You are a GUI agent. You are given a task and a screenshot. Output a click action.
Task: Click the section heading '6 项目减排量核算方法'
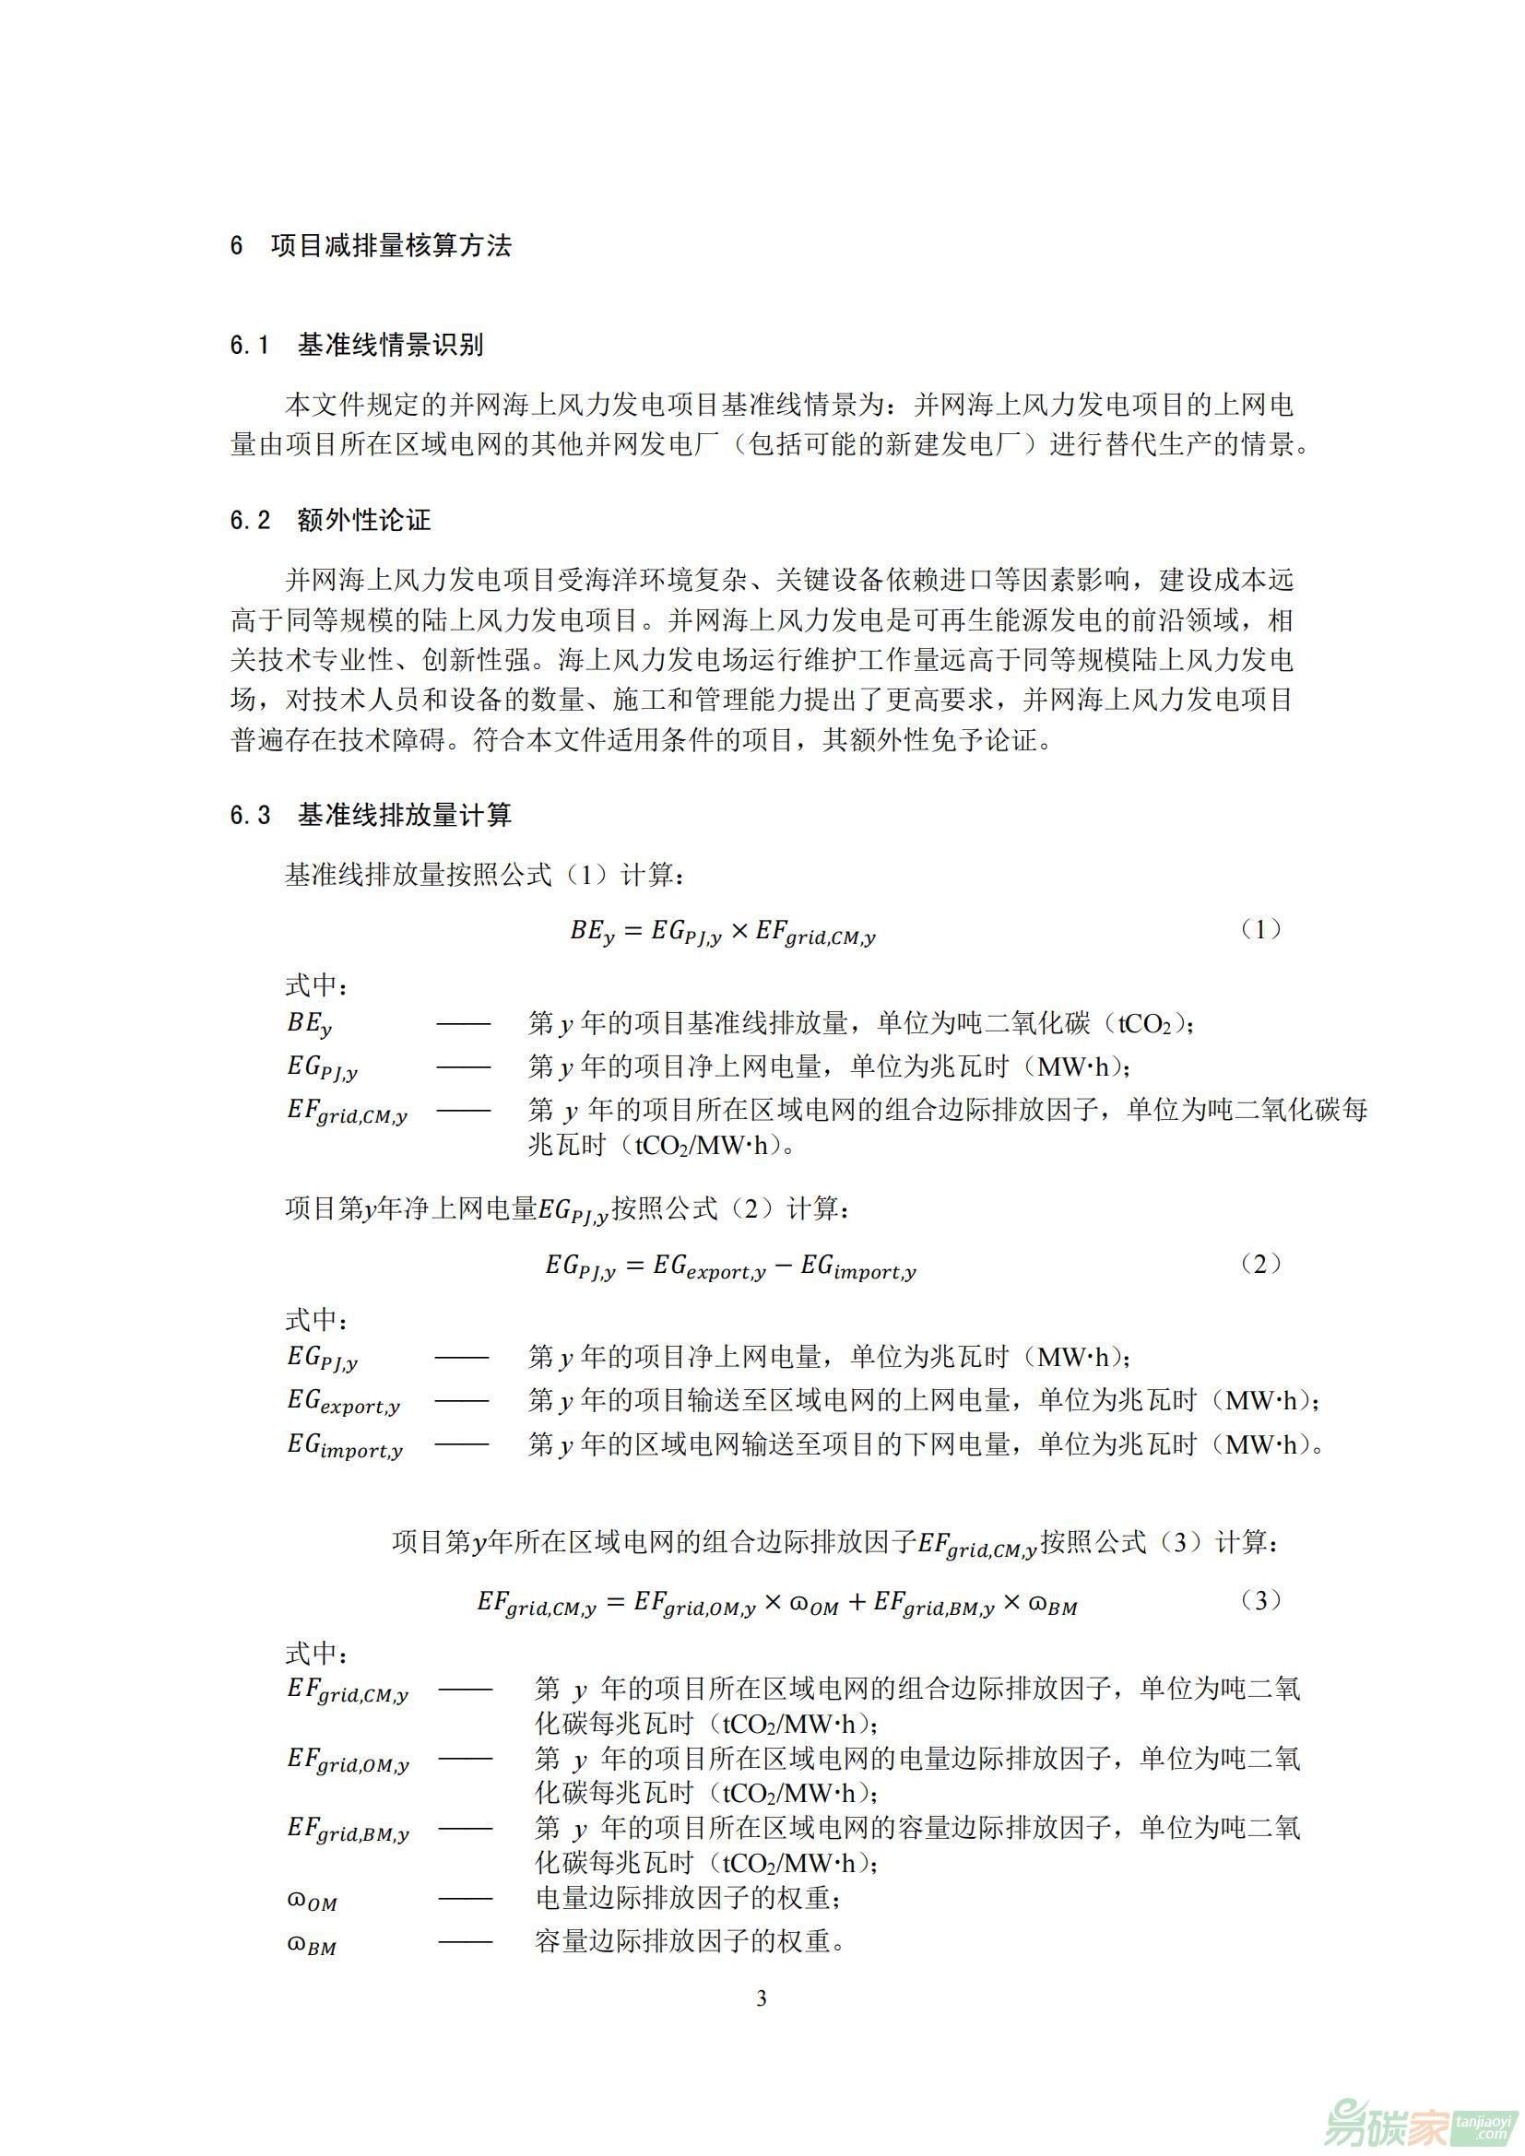coord(371,246)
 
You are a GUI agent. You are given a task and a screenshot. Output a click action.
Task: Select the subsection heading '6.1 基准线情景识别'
coord(357,345)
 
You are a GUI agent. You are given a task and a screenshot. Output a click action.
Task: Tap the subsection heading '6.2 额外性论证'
coord(331,519)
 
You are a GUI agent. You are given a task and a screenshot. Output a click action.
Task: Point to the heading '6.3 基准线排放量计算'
coord(371,814)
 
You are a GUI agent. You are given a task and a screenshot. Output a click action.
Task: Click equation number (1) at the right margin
coord(1260,929)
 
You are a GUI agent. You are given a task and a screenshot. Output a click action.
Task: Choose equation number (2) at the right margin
coord(1260,1263)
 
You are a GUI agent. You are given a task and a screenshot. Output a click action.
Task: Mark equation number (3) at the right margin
coord(1260,1600)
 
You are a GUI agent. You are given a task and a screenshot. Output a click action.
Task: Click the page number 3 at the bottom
coord(762,1998)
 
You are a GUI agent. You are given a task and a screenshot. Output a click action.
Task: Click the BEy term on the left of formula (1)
coord(592,931)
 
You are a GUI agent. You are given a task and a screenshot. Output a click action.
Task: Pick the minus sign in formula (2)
coord(783,1265)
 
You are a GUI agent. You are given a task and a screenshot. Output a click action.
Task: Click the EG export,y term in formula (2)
coord(709,1267)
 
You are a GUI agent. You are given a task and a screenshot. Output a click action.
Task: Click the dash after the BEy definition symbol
coord(463,1023)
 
